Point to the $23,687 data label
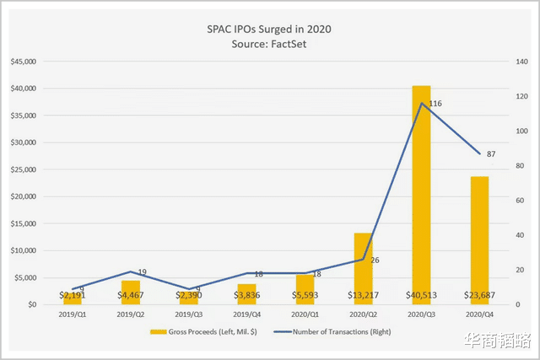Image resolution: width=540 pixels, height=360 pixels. coord(479,295)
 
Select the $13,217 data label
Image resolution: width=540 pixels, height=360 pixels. coord(363,295)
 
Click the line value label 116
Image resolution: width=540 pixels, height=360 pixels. coord(435,104)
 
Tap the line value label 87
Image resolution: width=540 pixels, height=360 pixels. coord(491,153)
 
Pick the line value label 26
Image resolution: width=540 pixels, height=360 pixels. coord(375,260)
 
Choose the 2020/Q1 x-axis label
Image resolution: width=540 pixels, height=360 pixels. coord(305,315)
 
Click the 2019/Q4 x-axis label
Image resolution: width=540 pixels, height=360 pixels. coord(247,315)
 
